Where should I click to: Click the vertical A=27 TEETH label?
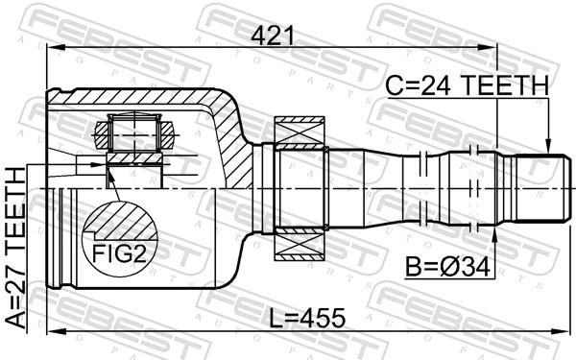click(17, 247)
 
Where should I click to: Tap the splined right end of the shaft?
click(538, 188)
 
